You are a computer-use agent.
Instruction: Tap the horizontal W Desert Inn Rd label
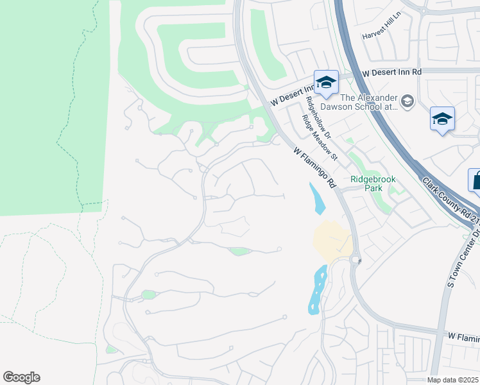coord(391,73)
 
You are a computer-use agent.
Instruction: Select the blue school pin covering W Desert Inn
coord(326,83)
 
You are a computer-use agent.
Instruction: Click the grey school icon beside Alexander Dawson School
coord(407,101)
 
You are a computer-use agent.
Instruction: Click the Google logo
coord(21,377)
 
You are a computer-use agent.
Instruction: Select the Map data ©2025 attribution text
coord(452,380)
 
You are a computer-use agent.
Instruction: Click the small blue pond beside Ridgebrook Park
coord(317,198)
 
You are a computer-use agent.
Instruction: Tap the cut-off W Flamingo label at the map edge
coord(463,336)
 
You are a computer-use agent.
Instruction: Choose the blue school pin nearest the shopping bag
coord(442,119)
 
